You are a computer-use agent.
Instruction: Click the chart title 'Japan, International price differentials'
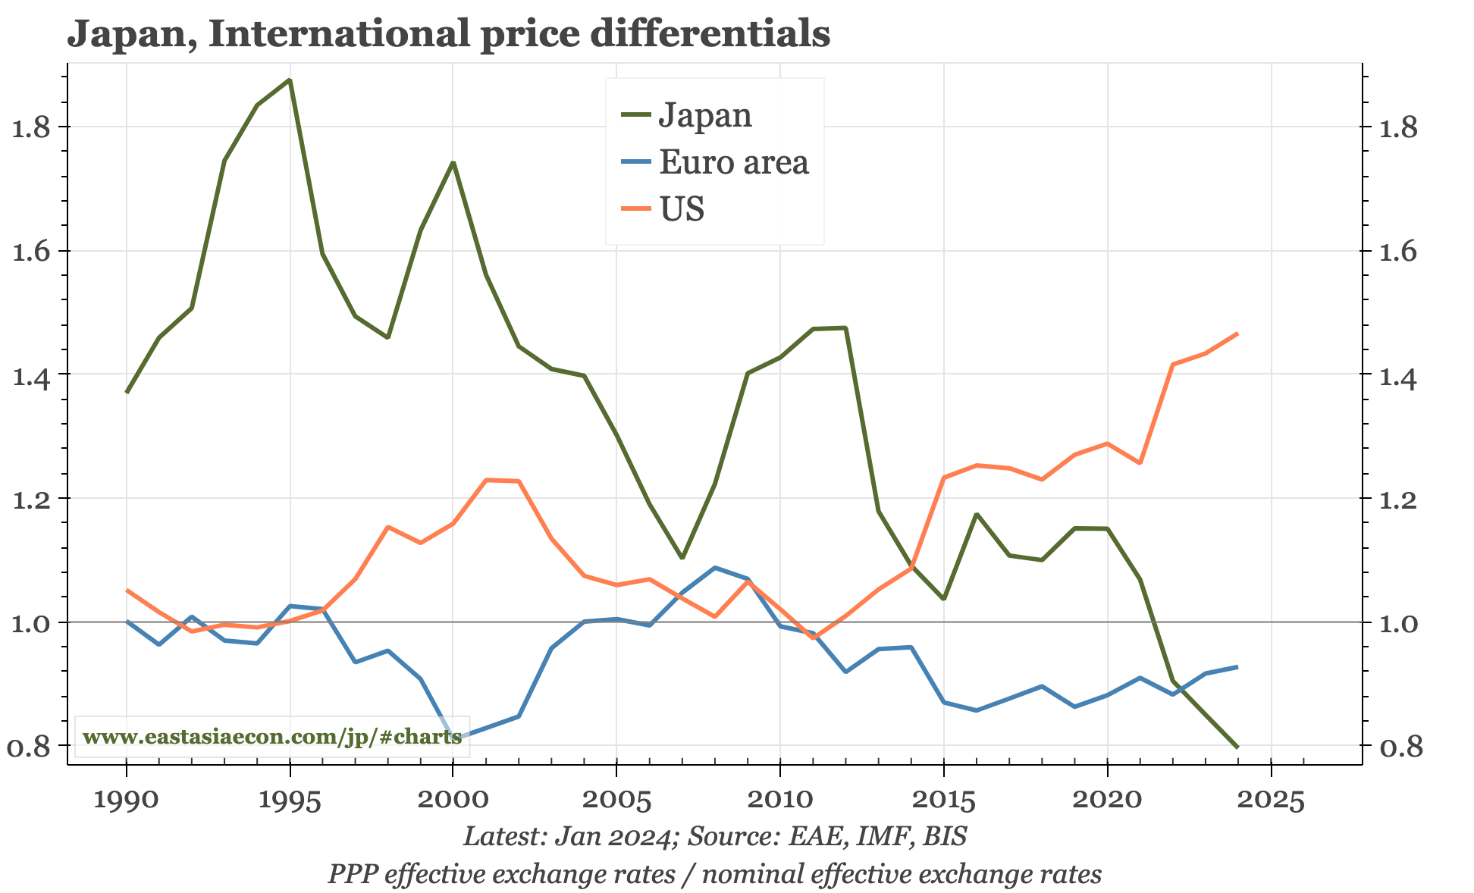click(x=449, y=34)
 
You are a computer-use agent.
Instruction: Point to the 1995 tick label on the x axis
click(x=290, y=801)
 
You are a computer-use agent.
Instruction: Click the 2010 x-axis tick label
click(x=779, y=801)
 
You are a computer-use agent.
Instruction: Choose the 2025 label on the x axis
click(x=1271, y=801)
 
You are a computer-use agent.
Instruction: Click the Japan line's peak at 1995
click(x=290, y=80)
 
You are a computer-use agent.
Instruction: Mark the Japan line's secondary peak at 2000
click(x=453, y=163)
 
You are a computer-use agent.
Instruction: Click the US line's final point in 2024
click(x=1237, y=334)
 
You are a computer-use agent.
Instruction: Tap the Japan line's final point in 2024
click(x=1237, y=747)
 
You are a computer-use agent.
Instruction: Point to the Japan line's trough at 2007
click(x=682, y=558)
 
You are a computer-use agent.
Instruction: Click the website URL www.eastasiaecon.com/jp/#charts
click(x=272, y=737)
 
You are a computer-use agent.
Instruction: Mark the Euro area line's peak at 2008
click(x=714, y=568)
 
